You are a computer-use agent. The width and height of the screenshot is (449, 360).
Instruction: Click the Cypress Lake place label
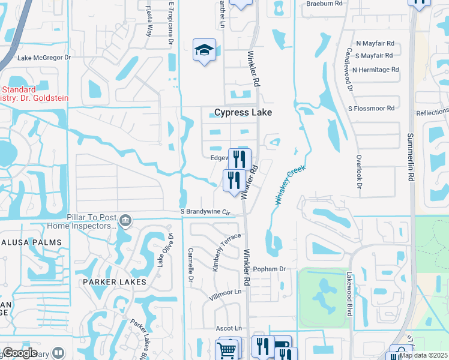[243, 112]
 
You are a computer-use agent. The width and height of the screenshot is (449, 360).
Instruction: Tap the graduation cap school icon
[204, 50]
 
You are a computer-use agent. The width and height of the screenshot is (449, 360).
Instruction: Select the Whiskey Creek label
[291, 186]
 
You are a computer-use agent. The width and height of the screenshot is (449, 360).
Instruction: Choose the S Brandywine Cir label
[206, 212]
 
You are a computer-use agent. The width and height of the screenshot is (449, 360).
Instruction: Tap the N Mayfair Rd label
[375, 43]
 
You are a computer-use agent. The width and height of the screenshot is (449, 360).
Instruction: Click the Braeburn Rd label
[324, 3]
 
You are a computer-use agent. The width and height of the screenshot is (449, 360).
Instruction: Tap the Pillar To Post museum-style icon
[125, 220]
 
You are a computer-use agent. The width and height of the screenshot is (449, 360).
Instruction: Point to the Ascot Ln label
[229, 328]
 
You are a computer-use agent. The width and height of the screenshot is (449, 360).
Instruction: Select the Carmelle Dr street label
[191, 265]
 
